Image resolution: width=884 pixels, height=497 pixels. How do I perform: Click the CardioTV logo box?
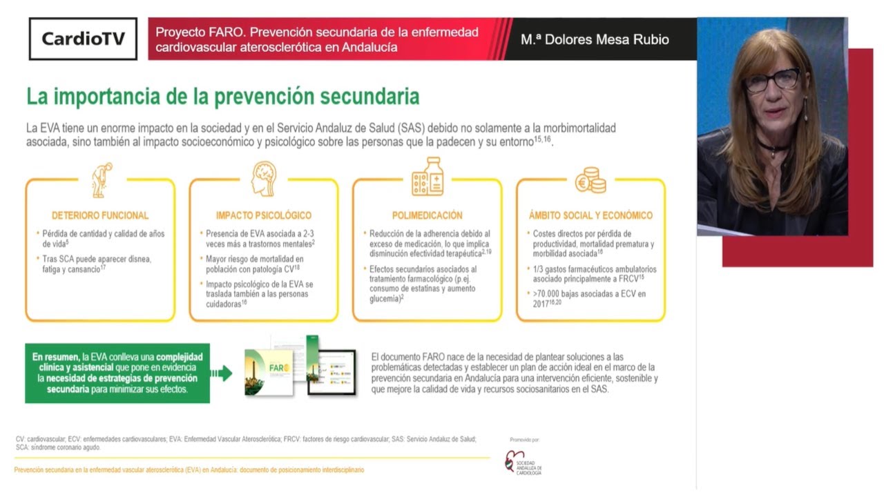pyautogui.click(x=83, y=39)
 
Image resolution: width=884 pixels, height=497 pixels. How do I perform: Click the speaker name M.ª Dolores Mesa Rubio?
pyautogui.click(x=595, y=39)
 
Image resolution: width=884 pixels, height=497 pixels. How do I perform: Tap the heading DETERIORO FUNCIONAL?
pyautogui.click(x=100, y=215)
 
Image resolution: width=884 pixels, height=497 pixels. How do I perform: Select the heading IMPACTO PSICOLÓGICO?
pyautogui.click(x=263, y=215)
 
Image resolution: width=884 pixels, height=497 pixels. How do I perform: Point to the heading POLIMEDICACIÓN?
pyautogui.click(x=427, y=215)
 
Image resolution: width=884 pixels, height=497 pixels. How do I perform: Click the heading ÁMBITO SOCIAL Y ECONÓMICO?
pyautogui.click(x=590, y=215)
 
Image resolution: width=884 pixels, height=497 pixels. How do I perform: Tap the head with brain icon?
pyautogui.click(x=263, y=178)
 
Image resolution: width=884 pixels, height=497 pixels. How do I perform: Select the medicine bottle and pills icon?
pyautogui.click(x=427, y=177)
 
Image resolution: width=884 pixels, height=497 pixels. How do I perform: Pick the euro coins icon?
pyautogui.click(x=590, y=180)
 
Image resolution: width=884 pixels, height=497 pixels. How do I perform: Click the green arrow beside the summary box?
pyautogui.click(x=221, y=373)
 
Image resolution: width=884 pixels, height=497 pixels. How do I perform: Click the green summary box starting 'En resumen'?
pyautogui.click(x=117, y=373)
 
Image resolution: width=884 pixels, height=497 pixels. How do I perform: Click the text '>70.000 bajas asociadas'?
pyautogui.click(x=588, y=294)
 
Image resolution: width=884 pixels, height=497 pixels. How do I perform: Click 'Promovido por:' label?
pyautogui.click(x=525, y=440)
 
